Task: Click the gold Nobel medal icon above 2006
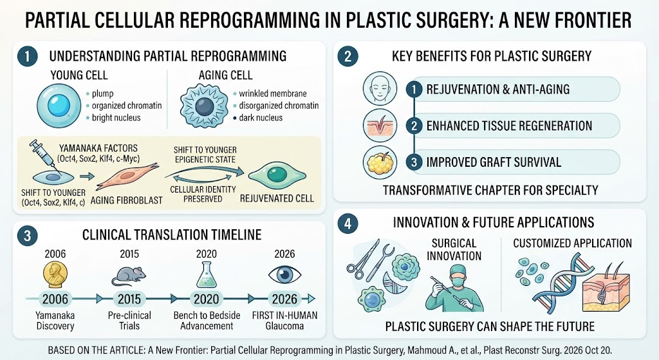coord(55,275)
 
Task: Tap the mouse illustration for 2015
coord(129,276)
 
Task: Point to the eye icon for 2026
coord(284,275)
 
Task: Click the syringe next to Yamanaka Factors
coord(44,156)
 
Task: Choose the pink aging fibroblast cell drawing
coord(127,178)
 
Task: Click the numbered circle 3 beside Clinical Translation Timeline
coord(27,236)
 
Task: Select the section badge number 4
coord(348,223)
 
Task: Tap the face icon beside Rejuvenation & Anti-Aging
coord(380,88)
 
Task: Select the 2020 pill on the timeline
coord(207,299)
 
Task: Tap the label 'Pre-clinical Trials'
coord(129,321)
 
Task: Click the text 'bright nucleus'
coord(116,118)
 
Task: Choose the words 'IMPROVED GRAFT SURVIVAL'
coord(494,162)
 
